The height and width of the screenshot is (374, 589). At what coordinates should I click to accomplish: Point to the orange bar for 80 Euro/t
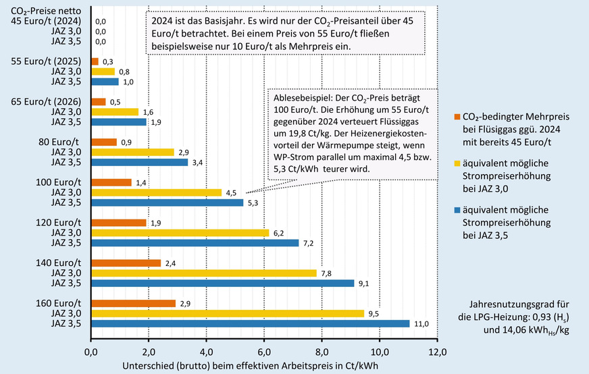point(104,142)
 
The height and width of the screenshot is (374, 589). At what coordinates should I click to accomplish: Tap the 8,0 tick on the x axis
point(322,351)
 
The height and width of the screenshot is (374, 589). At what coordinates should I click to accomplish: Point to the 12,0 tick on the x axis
point(437,351)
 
